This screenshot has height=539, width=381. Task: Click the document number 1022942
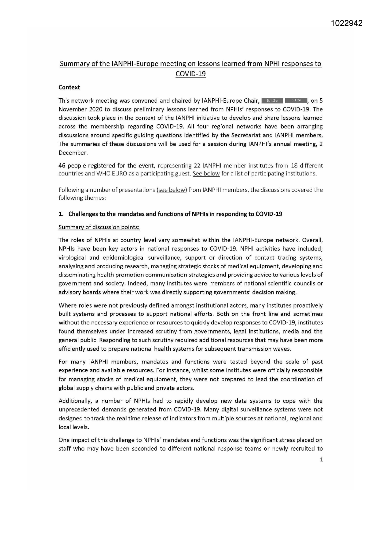[x=347, y=23]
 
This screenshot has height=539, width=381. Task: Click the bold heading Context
[x=69, y=87]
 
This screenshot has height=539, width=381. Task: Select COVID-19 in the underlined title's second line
[x=190, y=74]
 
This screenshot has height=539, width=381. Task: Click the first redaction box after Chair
[x=272, y=100]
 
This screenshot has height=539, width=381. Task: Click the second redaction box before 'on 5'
[x=296, y=100]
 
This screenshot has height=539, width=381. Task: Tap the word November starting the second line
[x=72, y=109]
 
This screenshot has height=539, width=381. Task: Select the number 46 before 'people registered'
[x=62, y=166]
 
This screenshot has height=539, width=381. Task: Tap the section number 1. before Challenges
[x=60, y=214]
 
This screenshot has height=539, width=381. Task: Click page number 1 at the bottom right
[x=321, y=460]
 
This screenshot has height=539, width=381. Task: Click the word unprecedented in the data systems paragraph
[x=78, y=410]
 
